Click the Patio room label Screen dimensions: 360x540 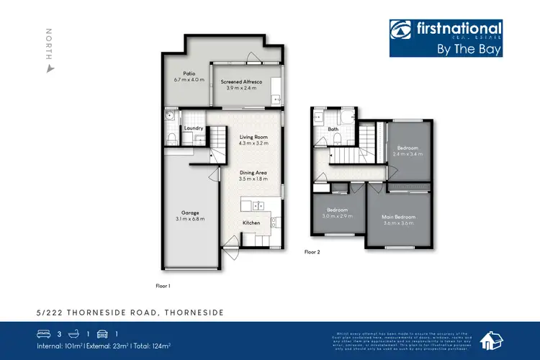click(x=189, y=73)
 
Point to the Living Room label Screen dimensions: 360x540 click(x=253, y=136)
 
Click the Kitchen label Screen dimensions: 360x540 click(x=251, y=223)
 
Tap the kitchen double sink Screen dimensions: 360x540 click(x=257, y=206)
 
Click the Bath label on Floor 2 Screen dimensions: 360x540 click(x=333, y=130)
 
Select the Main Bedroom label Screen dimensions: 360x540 click(x=400, y=215)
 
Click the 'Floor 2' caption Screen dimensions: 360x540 click(x=312, y=252)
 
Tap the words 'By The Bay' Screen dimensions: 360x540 click(x=469, y=50)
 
